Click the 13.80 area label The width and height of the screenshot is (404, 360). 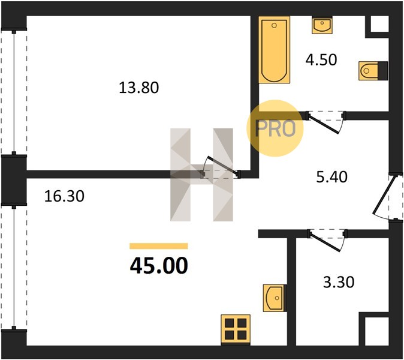pyautogui.click(x=138, y=88)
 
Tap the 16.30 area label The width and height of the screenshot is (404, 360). pyautogui.click(x=64, y=196)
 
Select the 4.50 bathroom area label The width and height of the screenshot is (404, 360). pyautogui.click(x=321, y=60)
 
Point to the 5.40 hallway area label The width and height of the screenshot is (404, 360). pyautogui.click(x=331, y=177)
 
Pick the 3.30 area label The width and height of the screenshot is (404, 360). pyautogui.click(x=339, y=282)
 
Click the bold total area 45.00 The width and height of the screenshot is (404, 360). pyautogui.click(x=159, y=266)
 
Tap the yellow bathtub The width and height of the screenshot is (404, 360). pyautogui.click(x=274, y=50)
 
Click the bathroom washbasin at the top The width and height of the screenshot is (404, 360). pyautogui.click(x=322, y=25)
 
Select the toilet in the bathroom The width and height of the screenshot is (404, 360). pyautogui.click(x=373, y=70)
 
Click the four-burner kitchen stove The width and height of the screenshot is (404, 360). pyautogui.click(x=236, y=329)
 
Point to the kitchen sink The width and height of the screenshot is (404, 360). pyautogui.click(x=275, y=298)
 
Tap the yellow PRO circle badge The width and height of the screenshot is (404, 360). pyautogui.click(x=275, y=128)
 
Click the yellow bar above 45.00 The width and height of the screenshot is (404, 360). pyautogui.click(x=159, y=246)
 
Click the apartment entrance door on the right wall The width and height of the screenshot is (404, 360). pyautogui.click(x=384, y=195)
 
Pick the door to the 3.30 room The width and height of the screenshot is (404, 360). pyautogui.click(x=325, y=242)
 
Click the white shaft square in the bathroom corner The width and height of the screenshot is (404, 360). pyautogui.click(x=379, y=24)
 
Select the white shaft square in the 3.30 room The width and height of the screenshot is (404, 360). pyautogui.click(x=377, y=331)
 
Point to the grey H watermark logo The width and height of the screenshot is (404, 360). pyautogui.click(x=201, y=175)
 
